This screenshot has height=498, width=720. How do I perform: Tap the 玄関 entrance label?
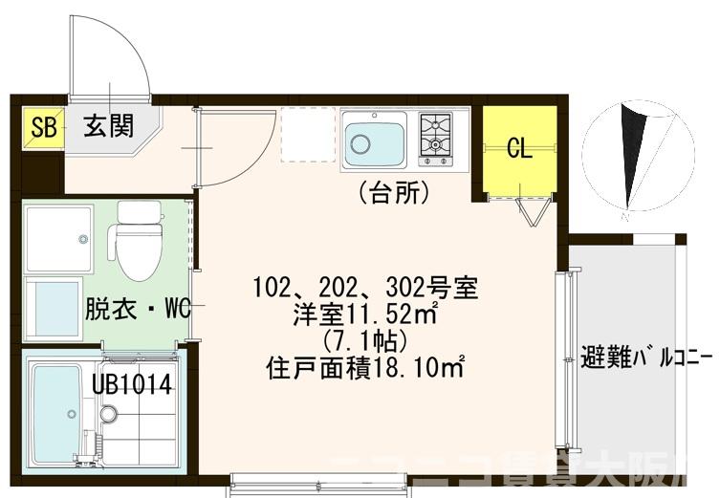[x=107, y=126]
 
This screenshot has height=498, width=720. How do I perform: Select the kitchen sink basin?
[x=374, y=141]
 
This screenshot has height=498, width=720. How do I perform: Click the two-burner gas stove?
[x=436, y=138]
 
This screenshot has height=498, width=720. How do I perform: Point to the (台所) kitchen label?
[x=393, y=193]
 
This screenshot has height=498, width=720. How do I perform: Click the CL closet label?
[x=519, y=148]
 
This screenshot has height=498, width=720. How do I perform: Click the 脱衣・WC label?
[x=138, y=309]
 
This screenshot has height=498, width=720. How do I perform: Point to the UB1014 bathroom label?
[x=132, y=385]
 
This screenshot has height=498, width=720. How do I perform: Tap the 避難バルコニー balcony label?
[x=646, y=359]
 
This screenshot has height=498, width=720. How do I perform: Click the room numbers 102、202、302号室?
[x=365, y=286]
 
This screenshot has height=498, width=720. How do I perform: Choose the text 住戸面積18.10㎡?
[x=366, y=365]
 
